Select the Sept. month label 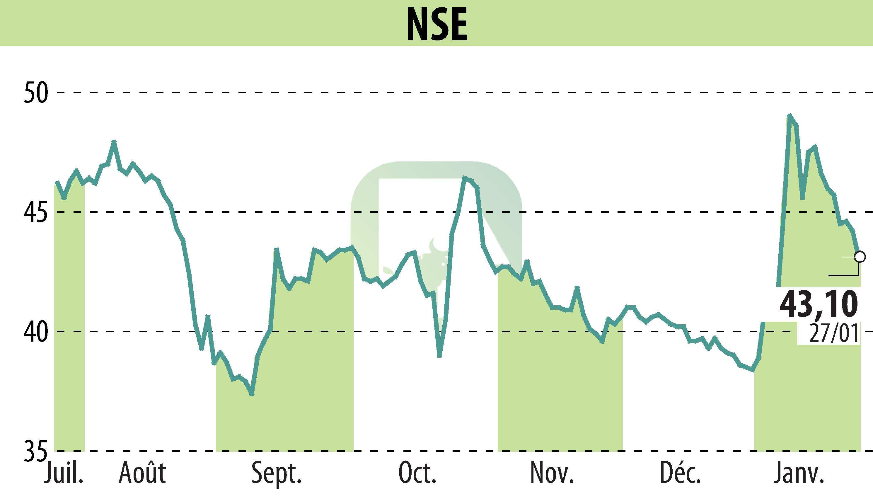point(277,473)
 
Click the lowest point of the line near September point(252,394)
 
